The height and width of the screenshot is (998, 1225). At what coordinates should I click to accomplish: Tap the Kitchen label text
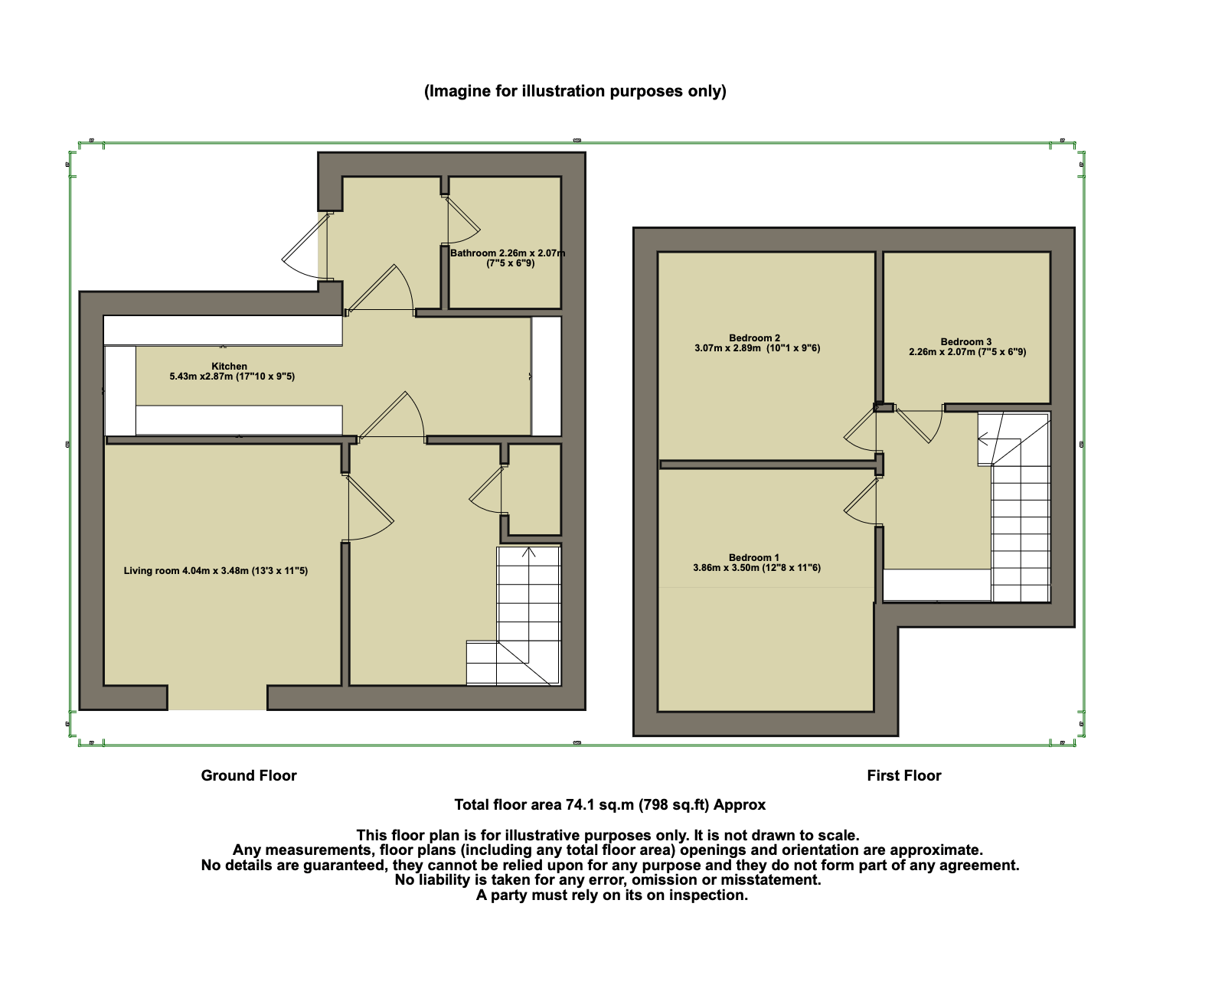click(230, 367)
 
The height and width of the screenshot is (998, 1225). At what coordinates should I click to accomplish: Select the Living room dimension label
click(216, 571)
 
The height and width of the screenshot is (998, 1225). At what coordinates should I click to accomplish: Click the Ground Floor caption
click(249, 775)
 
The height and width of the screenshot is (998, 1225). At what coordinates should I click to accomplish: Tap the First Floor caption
click(903, 775)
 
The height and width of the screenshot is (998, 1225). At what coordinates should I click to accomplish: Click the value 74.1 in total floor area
click(580, 805)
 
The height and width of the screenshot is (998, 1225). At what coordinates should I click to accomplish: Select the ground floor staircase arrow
click(528, 553)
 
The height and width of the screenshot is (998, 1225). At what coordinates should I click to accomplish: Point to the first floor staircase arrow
click(983, 439)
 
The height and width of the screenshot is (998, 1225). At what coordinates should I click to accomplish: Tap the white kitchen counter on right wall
click(547, 377)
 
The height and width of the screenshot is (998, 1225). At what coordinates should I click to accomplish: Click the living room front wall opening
click(217, 697)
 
